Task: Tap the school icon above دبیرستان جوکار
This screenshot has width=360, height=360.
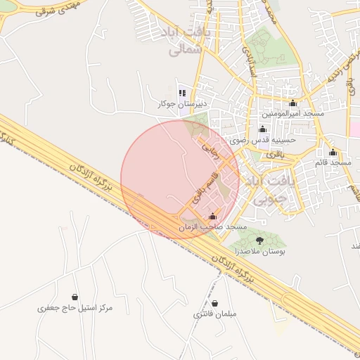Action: click(x=183, y=92)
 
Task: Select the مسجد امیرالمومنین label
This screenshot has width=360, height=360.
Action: click(x=292, y=113)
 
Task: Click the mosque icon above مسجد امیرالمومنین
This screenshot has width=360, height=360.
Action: click(x=292, y=103)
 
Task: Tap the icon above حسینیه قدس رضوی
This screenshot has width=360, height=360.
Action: click(x=263, y=129)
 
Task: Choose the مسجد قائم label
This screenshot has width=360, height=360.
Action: click(x=333, y=162)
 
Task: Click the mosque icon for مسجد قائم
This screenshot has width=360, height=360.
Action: click(x=333, y=153)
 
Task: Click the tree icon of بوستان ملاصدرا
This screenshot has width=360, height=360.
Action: click(x=260, y=240)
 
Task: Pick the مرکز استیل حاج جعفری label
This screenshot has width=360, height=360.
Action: click(x=75, y=308)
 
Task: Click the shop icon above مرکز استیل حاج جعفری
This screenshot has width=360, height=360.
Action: click(x=75, y=297)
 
